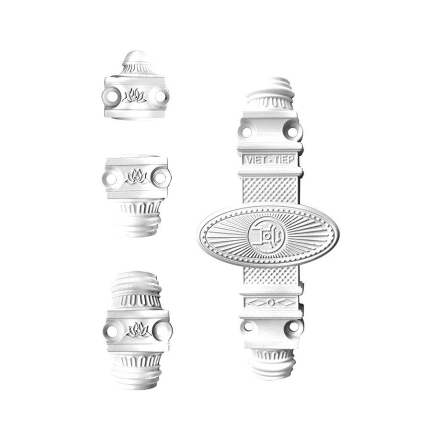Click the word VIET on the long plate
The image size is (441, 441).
pos(255,160)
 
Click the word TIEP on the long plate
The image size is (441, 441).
pos(284,160)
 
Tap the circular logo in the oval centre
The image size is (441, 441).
pos(267,235)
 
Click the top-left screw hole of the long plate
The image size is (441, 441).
pos(247,132)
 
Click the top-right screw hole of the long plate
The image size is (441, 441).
pos(293,131)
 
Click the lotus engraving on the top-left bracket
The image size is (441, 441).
pos(134,95)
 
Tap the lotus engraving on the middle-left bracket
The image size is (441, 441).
pos(137,176)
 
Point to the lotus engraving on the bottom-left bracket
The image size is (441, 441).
pos(138,330)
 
